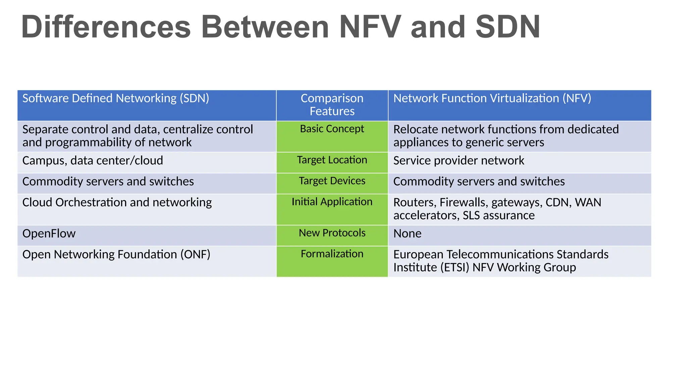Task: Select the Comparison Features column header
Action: pos(332,104)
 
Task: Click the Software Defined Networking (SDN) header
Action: pos(116,98)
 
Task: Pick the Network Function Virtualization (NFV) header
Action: pos(492,98)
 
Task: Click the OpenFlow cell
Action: pos(49,233)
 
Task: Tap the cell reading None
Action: pos(407,233)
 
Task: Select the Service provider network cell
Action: pos(459,161)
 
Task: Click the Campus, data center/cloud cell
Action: pos(93,161)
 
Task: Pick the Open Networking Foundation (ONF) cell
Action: pos(116,255)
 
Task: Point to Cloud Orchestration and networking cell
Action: pos(117,203)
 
